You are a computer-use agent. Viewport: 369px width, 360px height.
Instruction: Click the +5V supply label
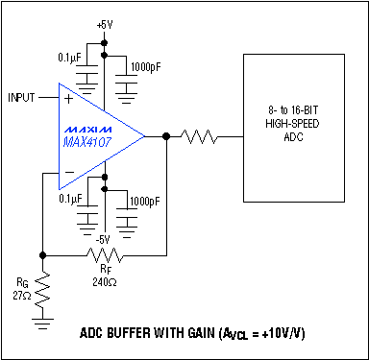[x=104, y=23]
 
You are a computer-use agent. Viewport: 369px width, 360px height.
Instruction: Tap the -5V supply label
[x=104, y=237]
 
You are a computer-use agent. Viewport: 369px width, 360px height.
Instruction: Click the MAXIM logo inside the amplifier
[x=89, y=127]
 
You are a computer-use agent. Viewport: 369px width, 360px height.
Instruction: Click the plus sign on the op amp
[x=67, y=99]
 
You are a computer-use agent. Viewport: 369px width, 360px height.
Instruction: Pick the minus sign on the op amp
[x=67, y=174]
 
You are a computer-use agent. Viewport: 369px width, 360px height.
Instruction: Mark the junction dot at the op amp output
[x=167, y=137]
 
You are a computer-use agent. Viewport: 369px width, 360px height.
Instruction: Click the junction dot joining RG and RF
[x=42, y=255]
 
